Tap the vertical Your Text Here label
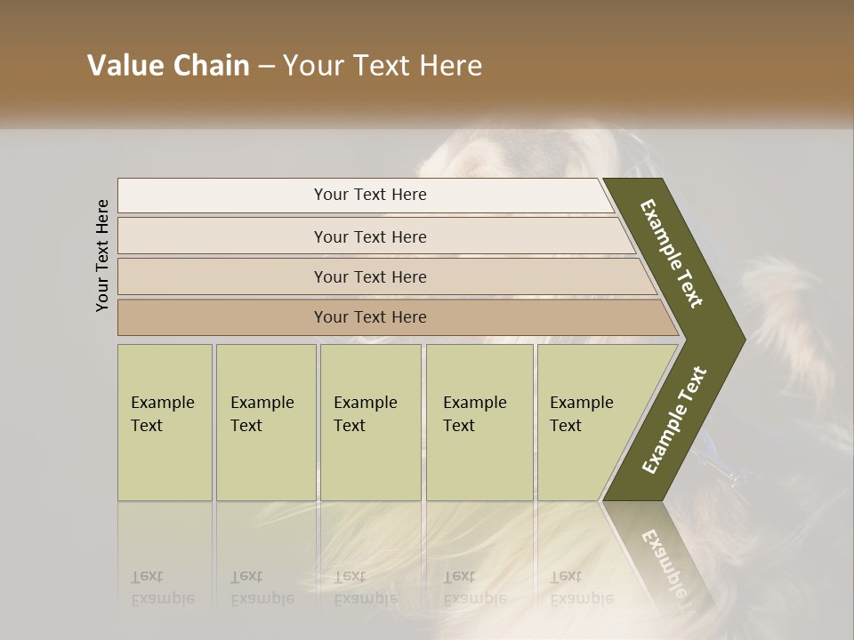coord(102,255)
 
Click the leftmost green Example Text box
coord(165,422)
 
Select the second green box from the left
coord(265,422)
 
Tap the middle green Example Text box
coord(370,422)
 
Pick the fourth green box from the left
coord(479,422)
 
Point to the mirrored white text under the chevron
coord(663,560)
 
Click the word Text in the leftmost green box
coord(147,426)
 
